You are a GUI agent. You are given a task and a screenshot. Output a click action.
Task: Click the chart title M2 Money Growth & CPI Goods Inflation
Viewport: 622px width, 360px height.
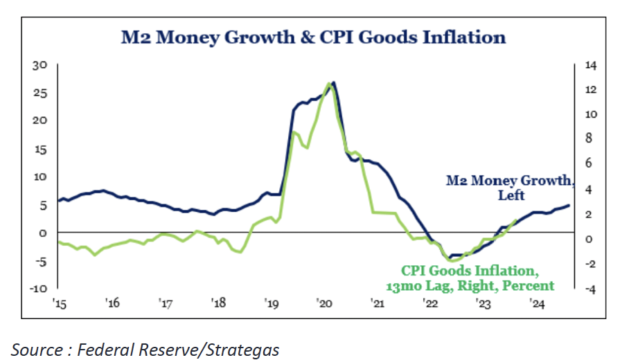pos(313,37)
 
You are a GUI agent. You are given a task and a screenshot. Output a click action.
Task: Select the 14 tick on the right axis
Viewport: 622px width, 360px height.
pos(590,65)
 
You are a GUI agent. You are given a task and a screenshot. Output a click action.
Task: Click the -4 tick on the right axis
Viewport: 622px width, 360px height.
pos(589,289)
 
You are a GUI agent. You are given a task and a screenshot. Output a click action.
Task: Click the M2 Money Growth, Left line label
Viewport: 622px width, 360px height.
pos(509,188)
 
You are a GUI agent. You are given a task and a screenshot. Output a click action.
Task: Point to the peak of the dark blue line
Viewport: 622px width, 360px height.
pos(334,83)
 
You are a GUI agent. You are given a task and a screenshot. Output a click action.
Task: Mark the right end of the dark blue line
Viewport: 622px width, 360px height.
pos(569,205)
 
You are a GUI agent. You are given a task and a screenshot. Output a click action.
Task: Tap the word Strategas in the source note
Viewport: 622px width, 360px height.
pos(243,350)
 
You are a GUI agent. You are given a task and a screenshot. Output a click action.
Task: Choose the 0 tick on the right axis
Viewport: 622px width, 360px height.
pos(589,239)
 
